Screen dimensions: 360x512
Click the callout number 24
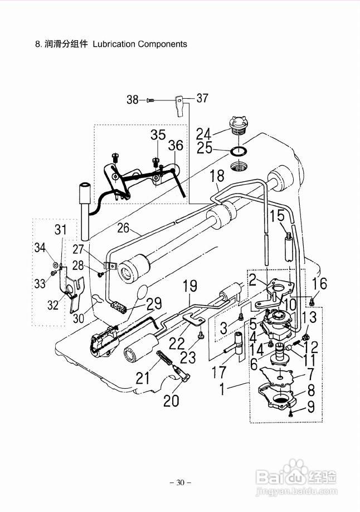(x=203, y=133)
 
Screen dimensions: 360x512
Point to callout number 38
(x=133, y=100)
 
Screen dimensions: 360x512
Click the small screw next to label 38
(x=150, y=100)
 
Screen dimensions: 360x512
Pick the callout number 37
(x=202, y=98)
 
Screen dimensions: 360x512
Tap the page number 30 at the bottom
(x=180, y=482)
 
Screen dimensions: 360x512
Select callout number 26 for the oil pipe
(x=123, y=228)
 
